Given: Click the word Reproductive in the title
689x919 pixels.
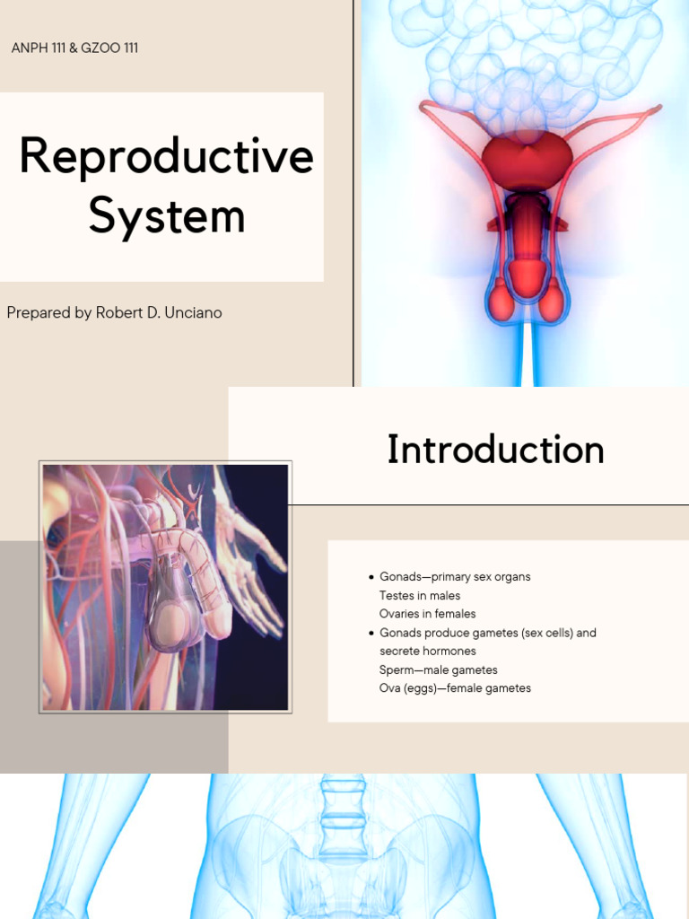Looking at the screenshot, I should pyautogui.click(x=166, y=157).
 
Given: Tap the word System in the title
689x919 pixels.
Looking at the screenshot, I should pyautogui.click(x=167, y=216).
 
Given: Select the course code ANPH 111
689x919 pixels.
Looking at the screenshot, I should pyautogui.click(x=41, y=48).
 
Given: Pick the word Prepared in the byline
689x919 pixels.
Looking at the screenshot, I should pyautogui.click(x=39, y=313).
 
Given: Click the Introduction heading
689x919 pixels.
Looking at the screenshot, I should pyautogui.click(x=495, y=450).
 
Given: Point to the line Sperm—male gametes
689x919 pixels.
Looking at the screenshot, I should pyautogui.click(x=438, y=670).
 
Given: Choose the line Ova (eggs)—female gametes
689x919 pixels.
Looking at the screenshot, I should pyautogui.click(x=455, y=689).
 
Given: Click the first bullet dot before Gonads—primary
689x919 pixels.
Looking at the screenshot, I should pyautogui.click(x=371, y=577).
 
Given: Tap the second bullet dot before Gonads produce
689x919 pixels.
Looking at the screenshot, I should pyautogui.click(x=371, y=633).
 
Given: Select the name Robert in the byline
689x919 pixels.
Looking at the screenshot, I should pyautogui.click(x=120, y=313).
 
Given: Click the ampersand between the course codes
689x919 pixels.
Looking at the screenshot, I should pyautogui.click(x=77, y=48).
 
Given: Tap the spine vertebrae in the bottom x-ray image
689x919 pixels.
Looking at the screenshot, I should pyautogui.click(x=344, y=817).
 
